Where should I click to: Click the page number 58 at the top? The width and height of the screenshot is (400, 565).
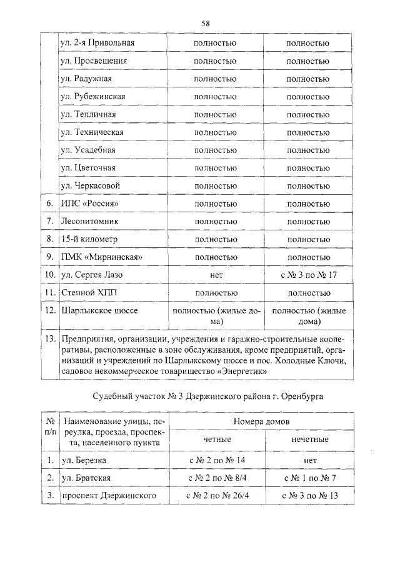click(205, 23)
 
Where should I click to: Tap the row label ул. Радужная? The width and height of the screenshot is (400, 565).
click(86, 79)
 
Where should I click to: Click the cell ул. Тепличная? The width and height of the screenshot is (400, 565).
click(89, 115)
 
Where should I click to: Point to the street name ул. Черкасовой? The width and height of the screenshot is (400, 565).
click(90, 186)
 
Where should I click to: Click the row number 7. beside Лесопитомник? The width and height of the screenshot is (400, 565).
click(49, 222)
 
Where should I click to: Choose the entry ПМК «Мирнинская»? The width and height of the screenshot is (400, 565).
click(99, 257)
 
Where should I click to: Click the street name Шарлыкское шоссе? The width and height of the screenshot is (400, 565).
click(99, 310)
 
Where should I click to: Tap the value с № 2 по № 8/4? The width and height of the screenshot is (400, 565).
click(216, 478)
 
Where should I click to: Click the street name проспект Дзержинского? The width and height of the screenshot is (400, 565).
click(107, 496)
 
